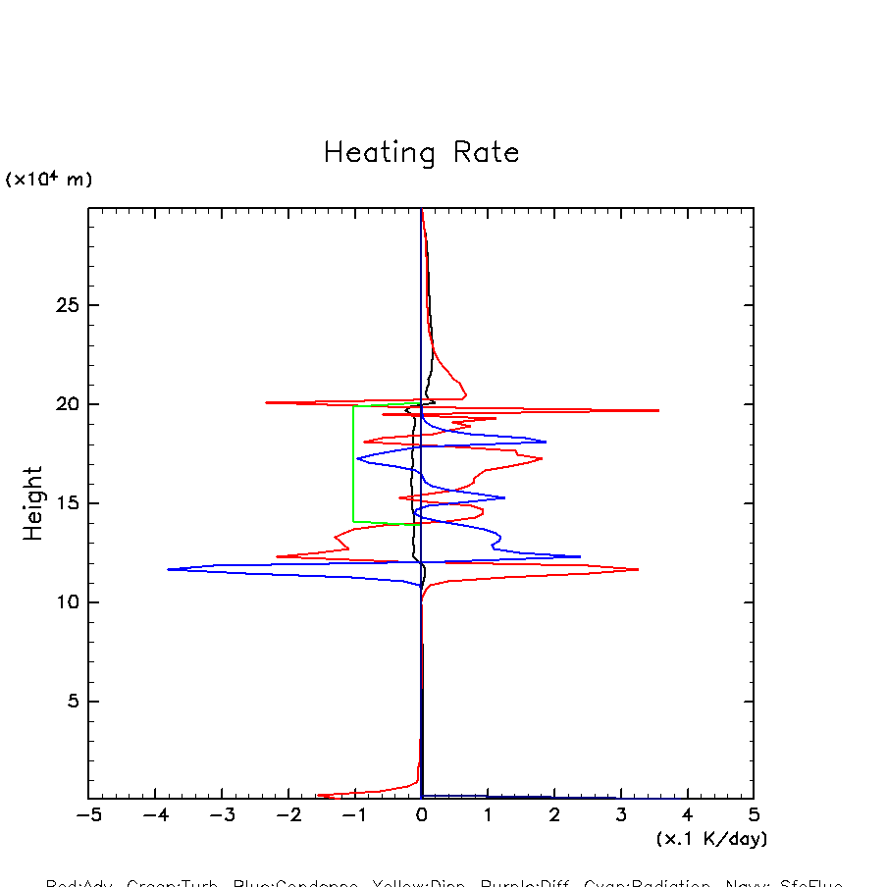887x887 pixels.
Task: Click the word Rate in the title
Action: pyautogui.click(x=486, y=153)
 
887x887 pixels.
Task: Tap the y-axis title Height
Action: pyautogui.click(x=33, y=502)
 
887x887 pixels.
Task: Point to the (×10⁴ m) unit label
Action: pyautogui.click(x=48, y=180)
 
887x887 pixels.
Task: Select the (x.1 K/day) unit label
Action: pyautogui.click(x=711, y=839)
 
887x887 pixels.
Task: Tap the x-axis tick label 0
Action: pyautogui.click(x=421, y=815)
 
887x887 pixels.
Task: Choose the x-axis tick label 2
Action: pyautogui.click(x=554, y=815)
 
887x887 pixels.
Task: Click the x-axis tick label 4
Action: pyautogui.click(x=687, y=815)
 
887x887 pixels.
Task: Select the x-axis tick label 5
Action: pyautogui.click(x=754, y=815)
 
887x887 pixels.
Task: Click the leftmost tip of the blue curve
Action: pyautogui.click(x=168, y=569)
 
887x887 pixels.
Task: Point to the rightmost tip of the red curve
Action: pyautogui.click(x=658, y=410)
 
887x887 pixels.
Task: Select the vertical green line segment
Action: pyautogui.click(x=353, y=463)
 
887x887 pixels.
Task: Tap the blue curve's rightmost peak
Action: pyautogui.click(x=580, y=556)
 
